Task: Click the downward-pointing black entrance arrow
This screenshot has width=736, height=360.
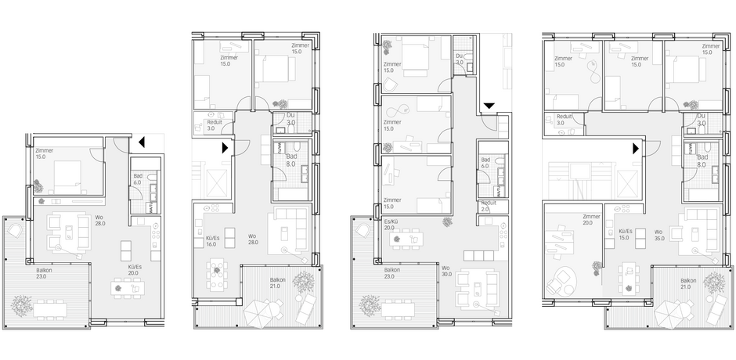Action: point(488,106)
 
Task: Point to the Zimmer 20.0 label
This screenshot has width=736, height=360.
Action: point(591,220)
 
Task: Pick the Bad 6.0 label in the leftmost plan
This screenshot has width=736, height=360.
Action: point(138,179)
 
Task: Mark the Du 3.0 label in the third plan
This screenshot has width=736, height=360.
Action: point(460,57)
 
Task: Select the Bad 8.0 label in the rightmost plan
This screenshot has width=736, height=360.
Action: point(702,162)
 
